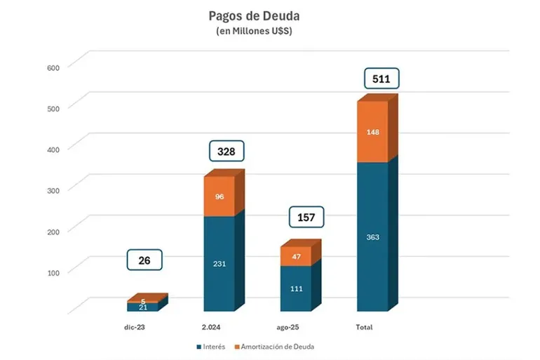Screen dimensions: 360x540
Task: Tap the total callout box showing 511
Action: pyautogui.click(x=382, y=79)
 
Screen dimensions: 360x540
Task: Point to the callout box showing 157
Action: pyautogui.click(x=307, y=218)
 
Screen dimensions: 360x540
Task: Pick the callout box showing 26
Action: pyautogui.click(x=144, y=260)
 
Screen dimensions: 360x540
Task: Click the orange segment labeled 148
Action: pyautogui.click(x=372, y=132)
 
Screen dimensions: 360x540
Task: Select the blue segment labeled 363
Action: pyautogui.click(x=372, y=236)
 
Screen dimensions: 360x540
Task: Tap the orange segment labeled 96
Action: pyautogui.click(x=219, y=196)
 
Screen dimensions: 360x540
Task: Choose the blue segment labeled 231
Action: pyautogui.click(x=219, y=263)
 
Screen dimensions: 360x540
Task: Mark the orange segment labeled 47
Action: pyautogui.click(x=296, y=257)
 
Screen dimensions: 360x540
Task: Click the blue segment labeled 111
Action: pyautogui.click(x=296, y=288)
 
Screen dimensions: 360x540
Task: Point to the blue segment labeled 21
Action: pyautogui.click(x=142, y=307)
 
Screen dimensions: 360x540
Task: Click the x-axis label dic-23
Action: pyautogui.click(x=136, y=328)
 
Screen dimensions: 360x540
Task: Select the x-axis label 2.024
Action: pyautogui.click(x=212, y=328)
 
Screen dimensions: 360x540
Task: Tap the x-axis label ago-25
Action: pyautogui.click(x=290, y=328)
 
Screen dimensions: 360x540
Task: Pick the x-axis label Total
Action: pyautogui.click(x=364, y=328)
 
